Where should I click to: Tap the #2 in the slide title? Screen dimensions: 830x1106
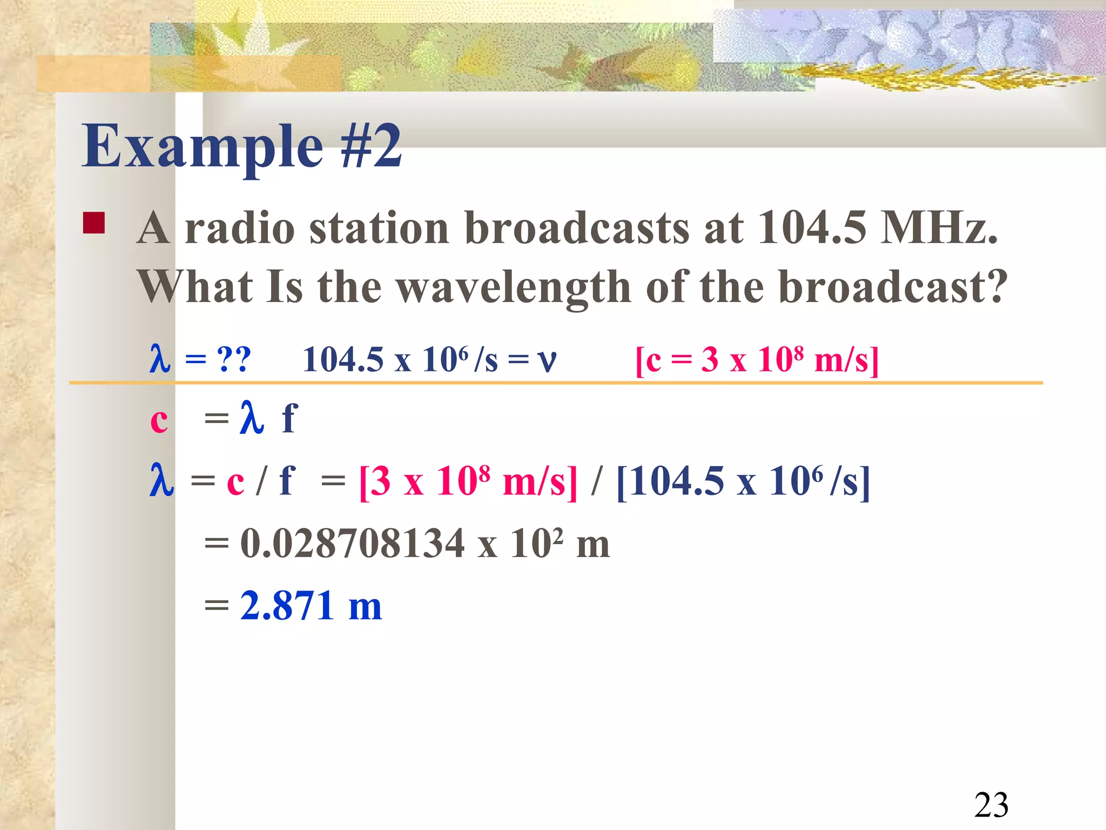(372, 145)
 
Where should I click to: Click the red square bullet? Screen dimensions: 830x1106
(93, 223)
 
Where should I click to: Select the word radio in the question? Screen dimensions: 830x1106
(240, 227)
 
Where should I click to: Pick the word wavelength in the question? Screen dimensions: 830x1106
(514, 287)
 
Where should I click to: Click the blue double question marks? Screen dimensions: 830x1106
(234, 359)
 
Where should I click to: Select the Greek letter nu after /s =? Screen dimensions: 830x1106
(547, 360)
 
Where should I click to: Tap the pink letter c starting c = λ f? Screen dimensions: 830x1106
(159, 420)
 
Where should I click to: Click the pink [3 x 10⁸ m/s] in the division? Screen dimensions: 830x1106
(468, 480)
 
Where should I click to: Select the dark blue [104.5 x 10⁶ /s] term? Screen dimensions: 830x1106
(743, 480)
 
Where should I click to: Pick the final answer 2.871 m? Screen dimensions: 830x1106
(311, 605)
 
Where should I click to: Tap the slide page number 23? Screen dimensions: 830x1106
(991, 805)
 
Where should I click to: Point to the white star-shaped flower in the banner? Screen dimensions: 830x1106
(243, 43)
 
